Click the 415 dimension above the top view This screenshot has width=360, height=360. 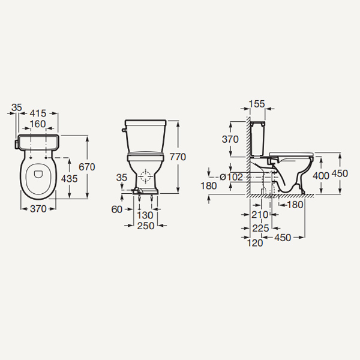pyautogui.click(x=38, y=113)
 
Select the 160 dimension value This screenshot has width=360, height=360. pyautogui.click(x=38, y=124)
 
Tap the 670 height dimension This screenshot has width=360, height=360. pyautogui.click(x=87, y=167)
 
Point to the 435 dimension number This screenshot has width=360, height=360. pyautogui.click(x=70, y=178)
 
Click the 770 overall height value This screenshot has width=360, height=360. pyautogui.click(x=178, y=157)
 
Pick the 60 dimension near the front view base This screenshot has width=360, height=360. pyautogui.click(x=117, y=209)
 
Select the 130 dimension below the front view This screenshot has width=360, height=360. pyautogui.click(x=145, y=215)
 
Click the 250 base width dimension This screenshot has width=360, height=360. pyautogui.click(x=146, y=226)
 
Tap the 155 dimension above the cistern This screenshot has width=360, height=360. pyautogui.click(x=257, y=104)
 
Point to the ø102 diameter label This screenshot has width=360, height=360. pyautogui.click(x=231, y=177)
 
